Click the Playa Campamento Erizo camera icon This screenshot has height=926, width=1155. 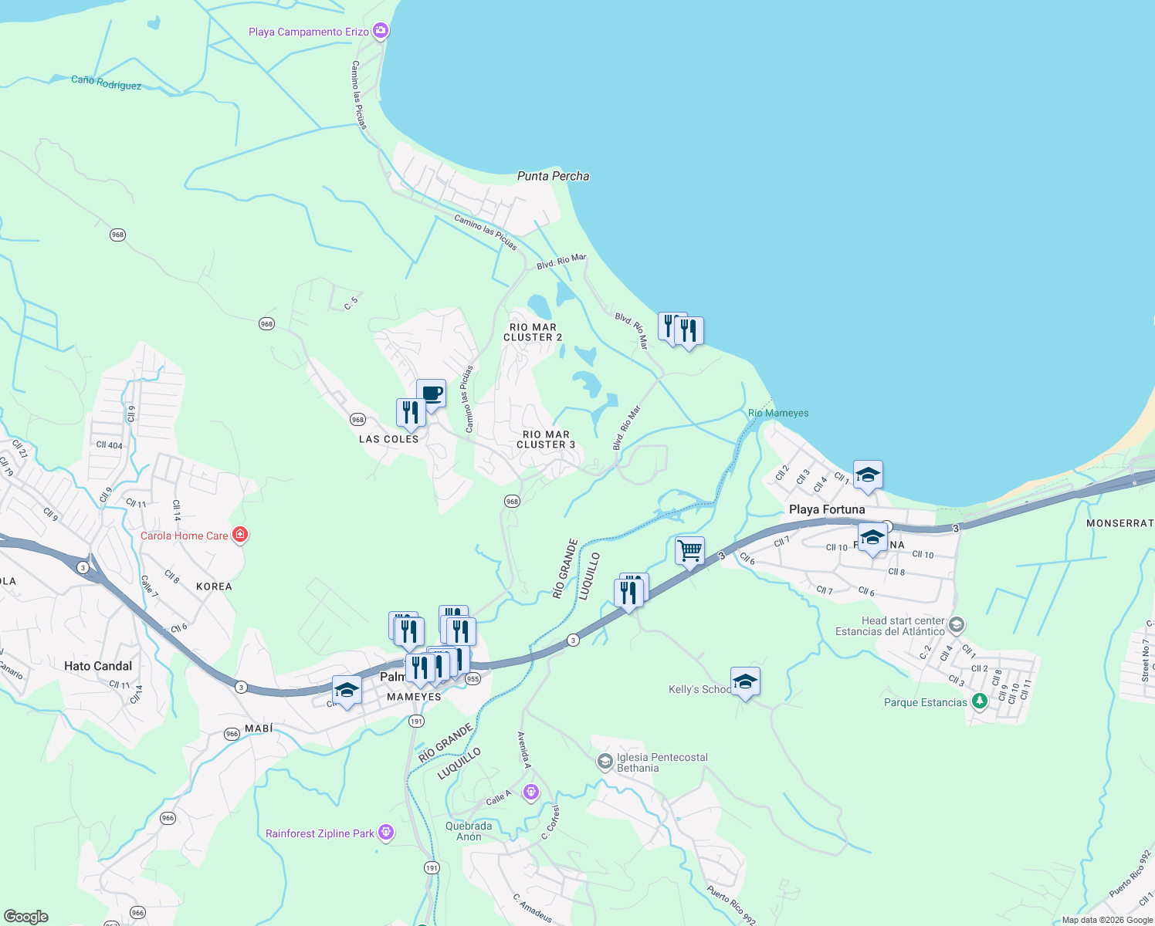380,31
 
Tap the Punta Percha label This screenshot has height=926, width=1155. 553,176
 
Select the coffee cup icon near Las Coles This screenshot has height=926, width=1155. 431,394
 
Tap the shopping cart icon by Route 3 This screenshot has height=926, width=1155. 689,551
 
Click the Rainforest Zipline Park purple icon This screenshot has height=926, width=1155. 386,833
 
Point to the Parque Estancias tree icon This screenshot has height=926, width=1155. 980,701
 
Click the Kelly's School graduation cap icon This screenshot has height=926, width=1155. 745,681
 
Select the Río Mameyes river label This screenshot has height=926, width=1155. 778,413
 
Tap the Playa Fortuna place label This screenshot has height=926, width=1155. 827,509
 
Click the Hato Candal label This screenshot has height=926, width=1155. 98,666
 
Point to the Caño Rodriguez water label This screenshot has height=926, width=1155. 106,82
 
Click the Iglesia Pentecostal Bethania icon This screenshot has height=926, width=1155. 605,762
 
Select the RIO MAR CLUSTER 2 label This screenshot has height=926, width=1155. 533,333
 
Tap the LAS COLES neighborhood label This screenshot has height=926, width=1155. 388,439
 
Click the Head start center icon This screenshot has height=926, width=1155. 957,624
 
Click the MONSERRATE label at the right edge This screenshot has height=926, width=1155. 1119,523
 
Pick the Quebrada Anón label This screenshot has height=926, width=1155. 469,831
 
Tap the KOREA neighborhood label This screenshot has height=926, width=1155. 214,586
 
